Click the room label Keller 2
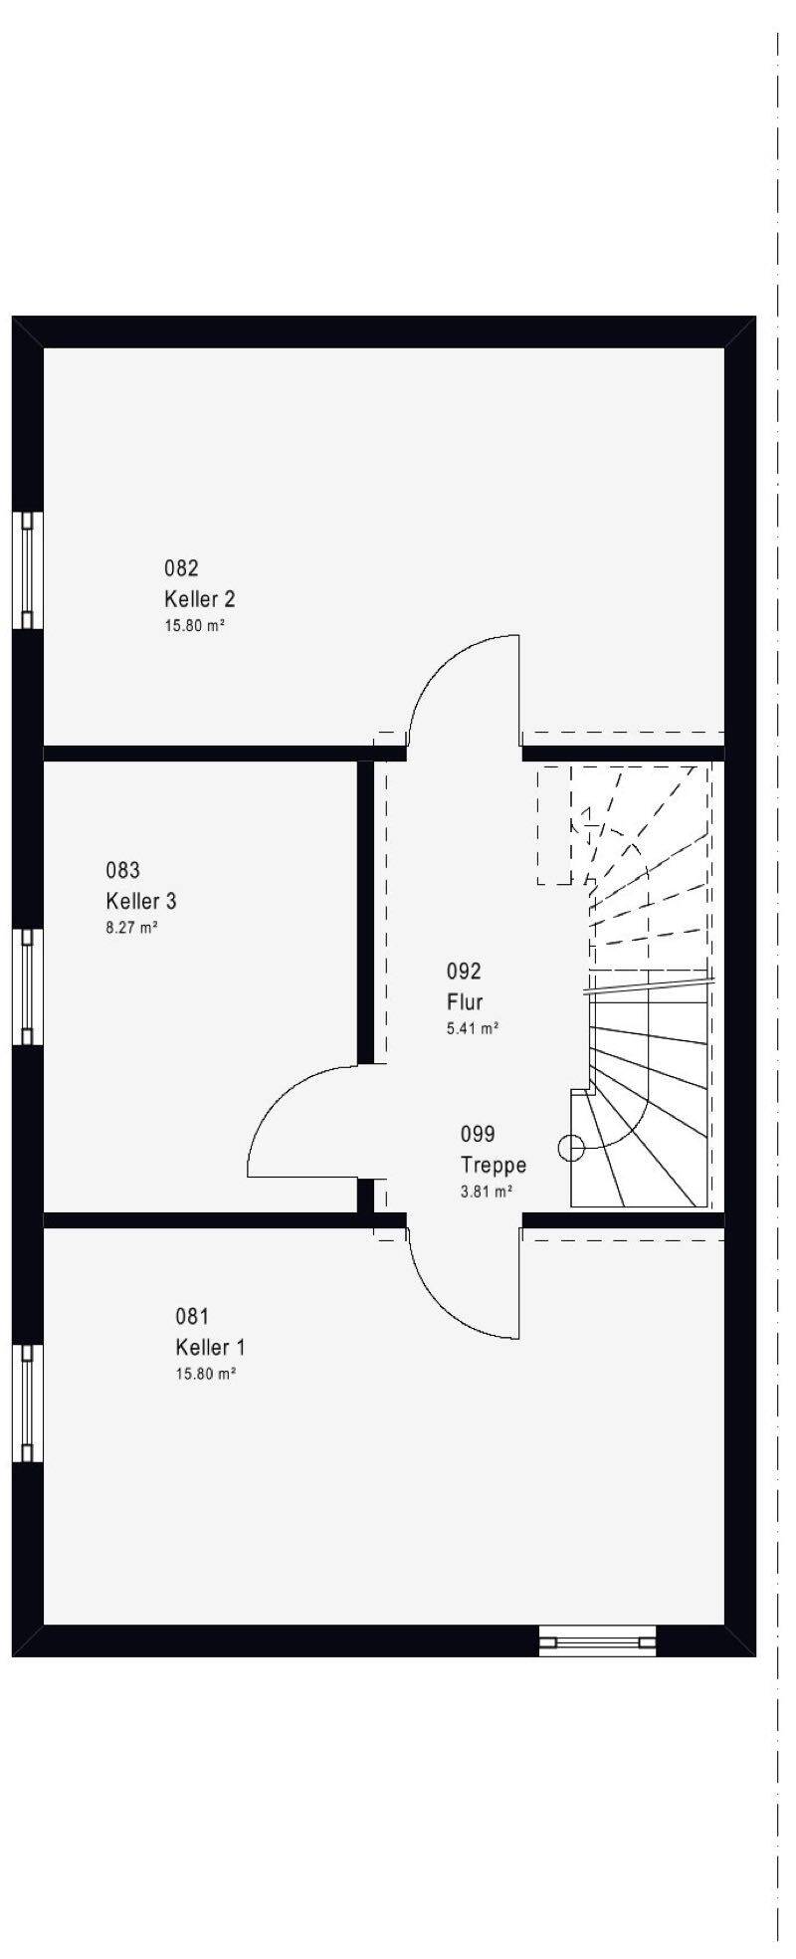click(x=199, y=599)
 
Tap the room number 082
click(x=181, y=568)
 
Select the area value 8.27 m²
click(x=132, y=928)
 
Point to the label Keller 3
click(x=141, y=901)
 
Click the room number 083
click(x=123, y=870)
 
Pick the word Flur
click(x=465, y=1001)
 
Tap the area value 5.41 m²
click(x=473, y=1028)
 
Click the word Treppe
click(x=494, y=1165)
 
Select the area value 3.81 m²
click(x=487, y=1191)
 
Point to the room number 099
click(x=478, y=1134)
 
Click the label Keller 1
click(x=210, y=1347)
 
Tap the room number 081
click(x=192, y=1316)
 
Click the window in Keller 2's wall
click(x=28, y=570)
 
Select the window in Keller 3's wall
click(x=28, y=986)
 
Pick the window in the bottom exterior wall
click(x=597, y=1639)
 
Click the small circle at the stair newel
click(x=571, y=1149)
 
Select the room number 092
click(x=464, y=971)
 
